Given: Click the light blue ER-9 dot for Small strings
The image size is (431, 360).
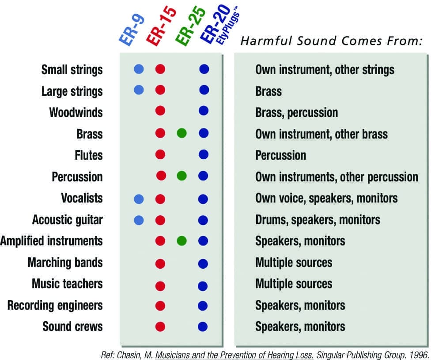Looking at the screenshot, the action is click(x=139, y=69).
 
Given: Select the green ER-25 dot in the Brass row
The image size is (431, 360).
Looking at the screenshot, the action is click(x=181, y=133).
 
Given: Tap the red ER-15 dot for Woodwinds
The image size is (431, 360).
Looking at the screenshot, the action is click(x=160, y=111).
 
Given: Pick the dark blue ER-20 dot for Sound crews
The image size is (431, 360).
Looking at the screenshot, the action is click(x=203, y=326).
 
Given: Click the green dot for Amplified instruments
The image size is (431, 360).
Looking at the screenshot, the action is click(x=181, y=241).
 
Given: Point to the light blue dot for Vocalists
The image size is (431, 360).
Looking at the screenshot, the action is click(x=139, y=199).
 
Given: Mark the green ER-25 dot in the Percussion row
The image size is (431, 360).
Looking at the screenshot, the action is click(x=181, y=176).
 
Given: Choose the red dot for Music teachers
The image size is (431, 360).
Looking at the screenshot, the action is click(x=160, y=286).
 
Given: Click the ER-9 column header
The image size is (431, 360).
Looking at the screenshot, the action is click(x=132, y=30).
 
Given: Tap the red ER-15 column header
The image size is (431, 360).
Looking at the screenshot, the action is click(x=161, y=26).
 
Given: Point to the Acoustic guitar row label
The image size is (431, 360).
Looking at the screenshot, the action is click(x=67, y=220).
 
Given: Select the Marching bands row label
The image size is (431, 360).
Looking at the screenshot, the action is click(x=65, y=262).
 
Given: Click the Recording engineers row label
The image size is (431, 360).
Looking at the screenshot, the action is click(x=55, y=305).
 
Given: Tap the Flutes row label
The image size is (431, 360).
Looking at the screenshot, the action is click(x=89, y=155).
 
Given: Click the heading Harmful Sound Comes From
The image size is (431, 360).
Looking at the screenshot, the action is click(x=332, y=41).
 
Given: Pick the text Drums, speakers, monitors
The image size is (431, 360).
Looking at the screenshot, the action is click(x=318, y=220).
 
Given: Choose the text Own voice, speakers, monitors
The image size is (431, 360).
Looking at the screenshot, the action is click(x=326, y=198).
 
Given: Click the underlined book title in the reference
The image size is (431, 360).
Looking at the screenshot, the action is click(x=234, y=355).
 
